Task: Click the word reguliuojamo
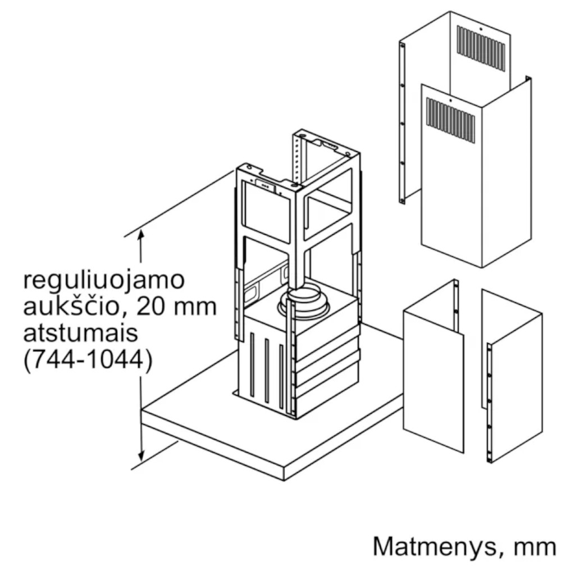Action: (104, 280)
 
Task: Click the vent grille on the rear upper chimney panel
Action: (481, 48)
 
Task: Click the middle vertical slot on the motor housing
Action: (267, 371)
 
